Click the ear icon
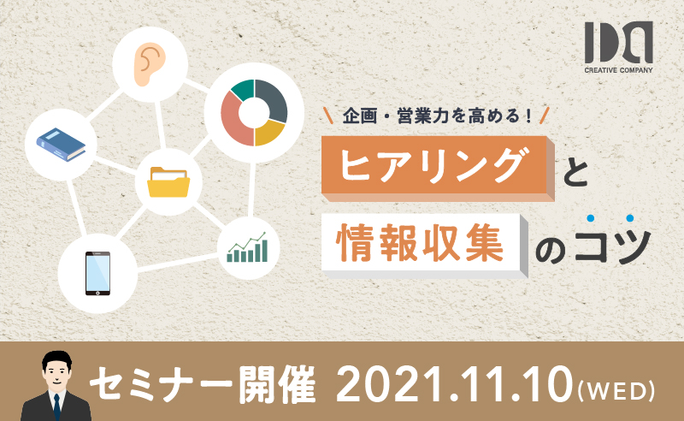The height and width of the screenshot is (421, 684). coord(150,64)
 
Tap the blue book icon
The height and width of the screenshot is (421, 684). coord(61,145)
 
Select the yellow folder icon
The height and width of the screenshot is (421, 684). coord(168,181)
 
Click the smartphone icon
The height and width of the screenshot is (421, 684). coord(97,273)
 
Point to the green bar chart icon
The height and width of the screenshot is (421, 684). coord(247,247)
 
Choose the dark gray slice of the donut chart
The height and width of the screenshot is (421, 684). coord(273,99)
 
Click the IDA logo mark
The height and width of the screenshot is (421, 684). coord(618,43)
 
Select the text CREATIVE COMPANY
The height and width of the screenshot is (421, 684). coord(618,70)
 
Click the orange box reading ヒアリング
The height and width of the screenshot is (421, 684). coord(438,168)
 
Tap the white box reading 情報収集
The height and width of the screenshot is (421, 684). coord(424,246)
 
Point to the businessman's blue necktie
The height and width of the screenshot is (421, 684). coord(56,406)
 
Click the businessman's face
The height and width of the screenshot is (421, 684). coord(56,372)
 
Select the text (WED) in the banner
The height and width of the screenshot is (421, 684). coord(616,391)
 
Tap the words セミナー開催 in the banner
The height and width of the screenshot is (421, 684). coord(203,385)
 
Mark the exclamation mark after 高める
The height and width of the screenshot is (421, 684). coord(528,116)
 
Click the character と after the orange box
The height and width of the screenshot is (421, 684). coord(575,173)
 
